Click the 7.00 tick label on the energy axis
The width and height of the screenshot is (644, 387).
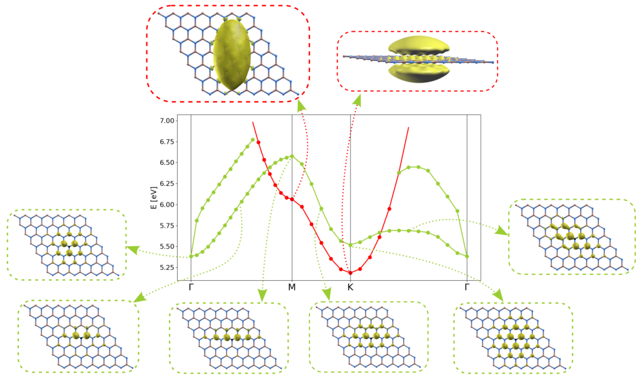166,121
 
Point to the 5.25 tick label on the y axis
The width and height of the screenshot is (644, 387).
166,267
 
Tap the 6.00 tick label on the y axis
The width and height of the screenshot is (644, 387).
166,205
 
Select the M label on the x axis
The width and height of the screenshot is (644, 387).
292,287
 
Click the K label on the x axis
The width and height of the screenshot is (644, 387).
350,287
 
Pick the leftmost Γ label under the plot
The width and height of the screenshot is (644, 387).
191,287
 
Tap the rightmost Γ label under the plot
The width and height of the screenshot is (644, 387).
467,287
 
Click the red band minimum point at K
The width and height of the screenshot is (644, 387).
350,273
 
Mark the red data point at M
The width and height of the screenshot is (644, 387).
292,199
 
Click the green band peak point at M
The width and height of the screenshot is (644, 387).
292,157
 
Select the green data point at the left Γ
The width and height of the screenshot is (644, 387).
191,257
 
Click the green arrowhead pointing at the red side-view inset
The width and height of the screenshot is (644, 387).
357,100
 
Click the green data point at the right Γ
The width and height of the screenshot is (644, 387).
467,257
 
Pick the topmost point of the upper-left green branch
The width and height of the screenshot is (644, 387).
253,140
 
